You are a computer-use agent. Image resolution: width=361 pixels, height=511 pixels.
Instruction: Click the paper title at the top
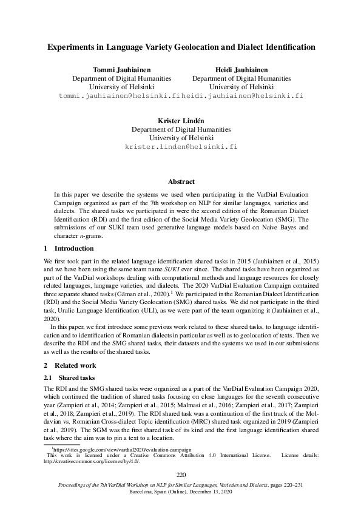[180, 46]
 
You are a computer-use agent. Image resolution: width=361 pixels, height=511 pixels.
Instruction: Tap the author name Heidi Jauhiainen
[241, 69]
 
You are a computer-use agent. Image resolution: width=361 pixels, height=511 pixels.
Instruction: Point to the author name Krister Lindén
[181, 120]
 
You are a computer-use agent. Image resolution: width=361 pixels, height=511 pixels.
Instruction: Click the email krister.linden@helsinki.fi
[181, 147]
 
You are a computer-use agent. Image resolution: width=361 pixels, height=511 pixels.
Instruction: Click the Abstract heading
[181, 181]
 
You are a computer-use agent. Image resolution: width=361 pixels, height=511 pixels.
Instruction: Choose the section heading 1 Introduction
[69, 248]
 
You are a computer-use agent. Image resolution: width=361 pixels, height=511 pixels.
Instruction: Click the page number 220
[181, 475]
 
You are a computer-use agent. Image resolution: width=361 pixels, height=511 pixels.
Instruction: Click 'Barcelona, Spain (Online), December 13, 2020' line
[181, 492]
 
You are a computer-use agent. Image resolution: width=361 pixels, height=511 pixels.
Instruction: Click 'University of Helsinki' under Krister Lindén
[181, 138]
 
